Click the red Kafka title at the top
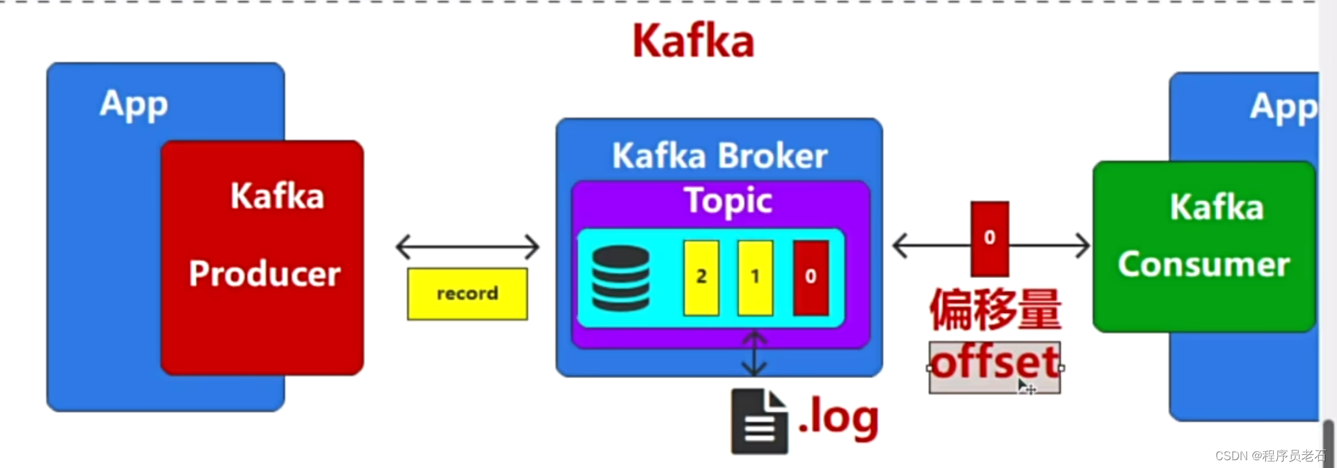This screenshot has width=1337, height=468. [694, 41]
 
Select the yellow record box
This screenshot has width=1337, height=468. [467, 294]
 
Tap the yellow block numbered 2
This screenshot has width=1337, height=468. [701, 277]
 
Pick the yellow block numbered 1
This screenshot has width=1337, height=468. [755, 277]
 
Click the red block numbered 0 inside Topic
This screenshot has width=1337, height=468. [811, 277]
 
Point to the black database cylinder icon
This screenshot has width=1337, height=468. [621, 278]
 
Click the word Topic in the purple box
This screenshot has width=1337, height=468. [728, 200]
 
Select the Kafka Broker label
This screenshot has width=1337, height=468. [720, 156]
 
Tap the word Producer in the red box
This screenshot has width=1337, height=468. [264, 273]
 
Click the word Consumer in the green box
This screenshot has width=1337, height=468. [1204, 264]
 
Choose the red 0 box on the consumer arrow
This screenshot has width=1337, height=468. [990, 238]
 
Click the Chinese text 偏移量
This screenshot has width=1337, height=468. [995, 310]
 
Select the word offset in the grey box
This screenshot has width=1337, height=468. [995, 363]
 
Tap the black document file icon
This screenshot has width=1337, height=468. [759, 421]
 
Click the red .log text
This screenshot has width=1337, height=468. [839, 417]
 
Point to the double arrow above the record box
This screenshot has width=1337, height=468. [467, 247]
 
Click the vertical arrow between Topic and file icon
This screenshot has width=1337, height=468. [754, 354]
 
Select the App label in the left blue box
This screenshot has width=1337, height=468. [134, 104]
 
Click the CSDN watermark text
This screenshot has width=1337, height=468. [1269, 456]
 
